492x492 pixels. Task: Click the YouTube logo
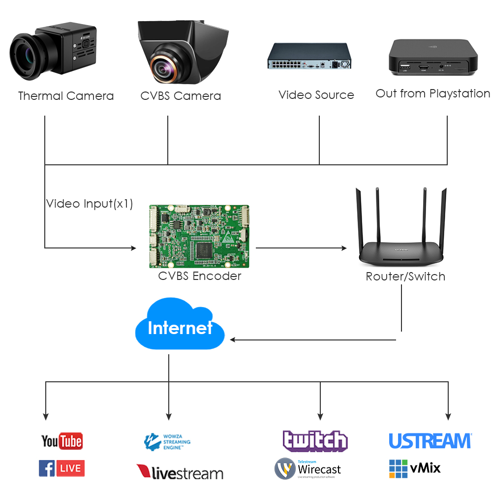coord(61,441)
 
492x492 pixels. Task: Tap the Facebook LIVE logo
coord(61,468)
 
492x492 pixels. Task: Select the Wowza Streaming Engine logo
coord(167,442)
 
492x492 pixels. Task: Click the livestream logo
coord(180,472)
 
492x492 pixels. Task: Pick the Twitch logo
coord(315,440)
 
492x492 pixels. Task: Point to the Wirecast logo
coord(307,469)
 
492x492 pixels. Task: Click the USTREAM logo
coord(430,441)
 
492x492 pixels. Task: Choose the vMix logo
coord(415,468)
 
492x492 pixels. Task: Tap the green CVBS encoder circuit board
coord(199,237)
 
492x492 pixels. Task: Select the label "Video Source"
coord(316,95)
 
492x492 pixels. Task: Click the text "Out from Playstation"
coord(433,93)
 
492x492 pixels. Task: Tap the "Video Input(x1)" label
coord(90,204)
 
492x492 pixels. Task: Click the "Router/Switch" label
coord(405,277)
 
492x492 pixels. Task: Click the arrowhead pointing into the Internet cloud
coord(234,339)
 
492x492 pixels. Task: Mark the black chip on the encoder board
coord(204,249)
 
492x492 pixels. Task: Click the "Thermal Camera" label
coord(66,96)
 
